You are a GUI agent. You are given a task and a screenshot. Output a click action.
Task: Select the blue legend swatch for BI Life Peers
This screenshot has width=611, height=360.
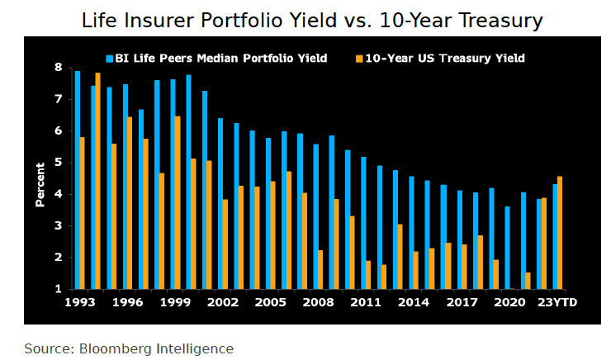(110, 59)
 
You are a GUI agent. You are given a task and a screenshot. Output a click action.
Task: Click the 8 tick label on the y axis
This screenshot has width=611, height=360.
(59, 68)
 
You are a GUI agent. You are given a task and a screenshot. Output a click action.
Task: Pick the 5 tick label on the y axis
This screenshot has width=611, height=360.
(59, 163)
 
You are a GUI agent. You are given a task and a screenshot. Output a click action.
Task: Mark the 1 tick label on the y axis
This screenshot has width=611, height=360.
(59, 290)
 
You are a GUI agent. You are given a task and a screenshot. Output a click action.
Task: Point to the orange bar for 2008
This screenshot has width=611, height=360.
(320, 269)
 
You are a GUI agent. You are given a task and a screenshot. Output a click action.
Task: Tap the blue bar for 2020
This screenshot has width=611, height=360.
(506, 248)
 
